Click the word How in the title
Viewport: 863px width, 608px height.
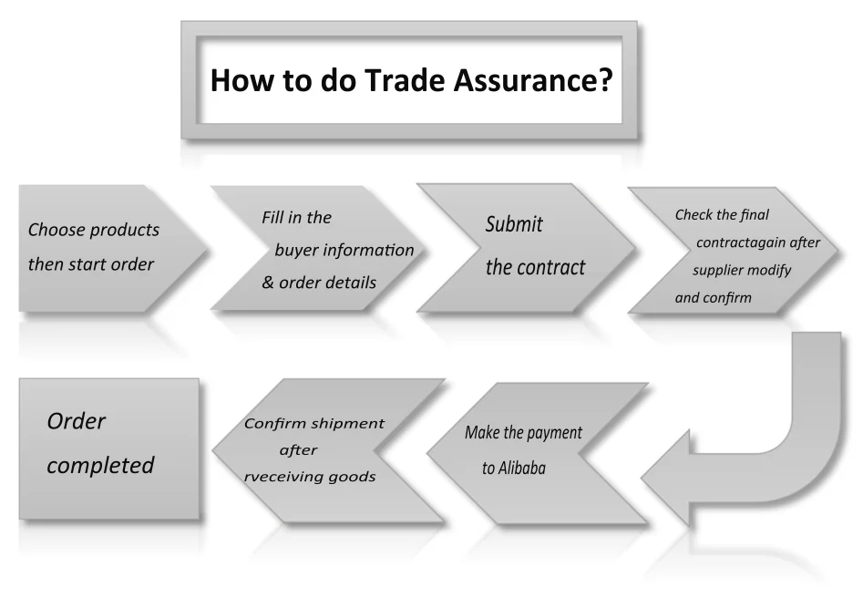241,81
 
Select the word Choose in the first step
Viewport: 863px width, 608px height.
57,230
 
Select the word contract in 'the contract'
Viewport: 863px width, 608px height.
551,268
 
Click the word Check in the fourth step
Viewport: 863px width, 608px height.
693,215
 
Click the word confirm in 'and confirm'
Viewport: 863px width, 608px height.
727,298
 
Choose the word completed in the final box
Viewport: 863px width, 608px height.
100,465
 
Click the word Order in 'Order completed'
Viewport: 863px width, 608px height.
77,421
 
